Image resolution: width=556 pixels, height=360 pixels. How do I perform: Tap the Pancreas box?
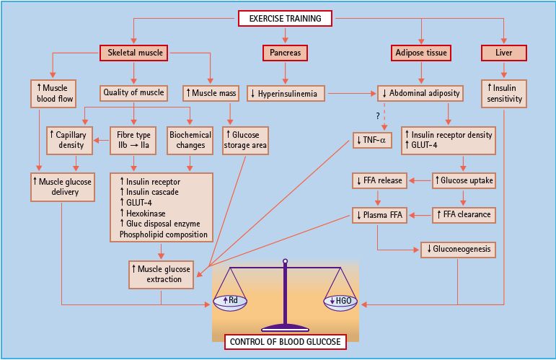click(x=286, y=53)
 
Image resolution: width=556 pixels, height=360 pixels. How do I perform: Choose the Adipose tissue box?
click(x=421, y=53)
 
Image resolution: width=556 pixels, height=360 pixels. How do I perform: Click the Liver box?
click(x=504, y=53)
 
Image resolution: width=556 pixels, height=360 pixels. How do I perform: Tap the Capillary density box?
click(x=70, y=140)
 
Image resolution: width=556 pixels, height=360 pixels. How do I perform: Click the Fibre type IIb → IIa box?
click(x=133, y=140)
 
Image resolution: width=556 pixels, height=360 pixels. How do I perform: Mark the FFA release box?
click(x=381, y=180)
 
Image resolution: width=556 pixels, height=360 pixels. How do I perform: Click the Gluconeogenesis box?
click(x=458, y=249)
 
